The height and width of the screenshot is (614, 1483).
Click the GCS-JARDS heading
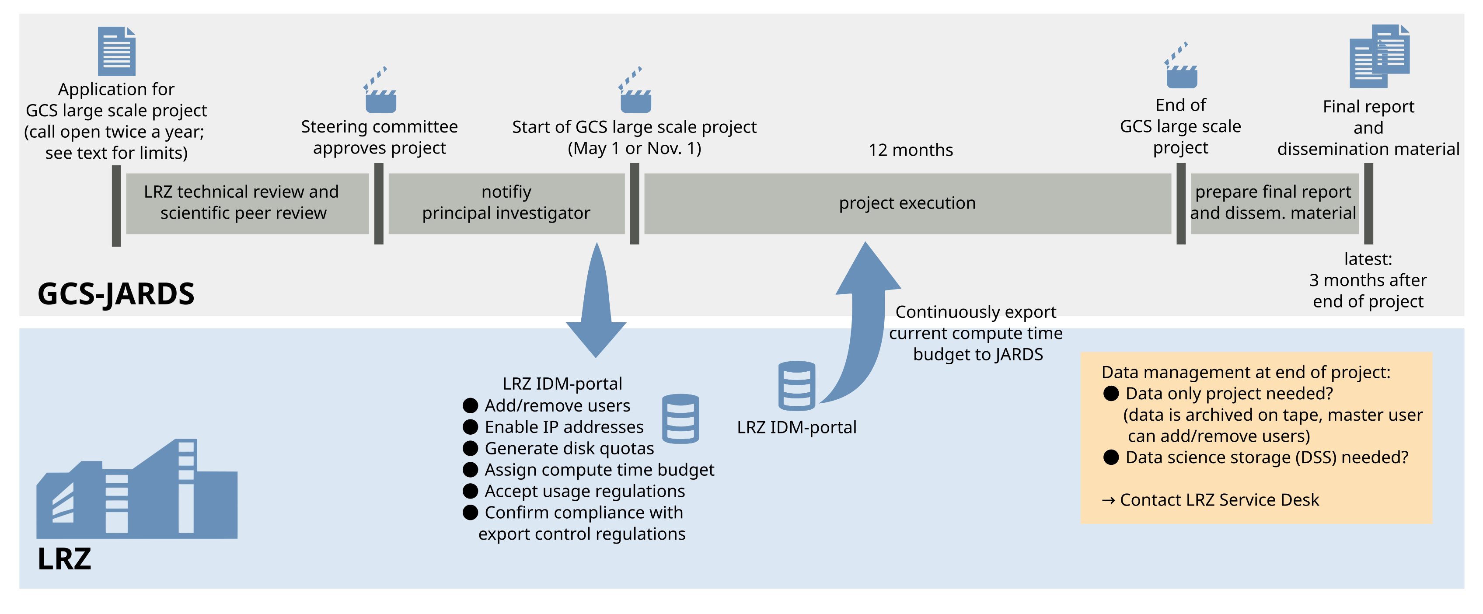pos(116,294)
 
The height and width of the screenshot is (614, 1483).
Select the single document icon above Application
pos(116,51)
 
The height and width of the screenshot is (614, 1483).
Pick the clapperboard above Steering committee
pos(380,91)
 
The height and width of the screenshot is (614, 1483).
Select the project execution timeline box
pos(907,203)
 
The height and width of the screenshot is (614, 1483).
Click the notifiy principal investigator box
pos(506,203)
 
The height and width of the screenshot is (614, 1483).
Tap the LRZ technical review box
pos(247,203)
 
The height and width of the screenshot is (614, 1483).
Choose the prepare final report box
pos(1274,203)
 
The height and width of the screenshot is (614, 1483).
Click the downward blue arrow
pos(597,305)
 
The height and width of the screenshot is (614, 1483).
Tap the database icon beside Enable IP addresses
pos(680,419)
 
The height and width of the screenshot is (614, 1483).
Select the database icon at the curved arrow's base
pos(797,386)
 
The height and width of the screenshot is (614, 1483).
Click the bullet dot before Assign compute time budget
pos(470,470)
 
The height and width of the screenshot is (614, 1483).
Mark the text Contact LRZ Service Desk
pos(1219,500)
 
